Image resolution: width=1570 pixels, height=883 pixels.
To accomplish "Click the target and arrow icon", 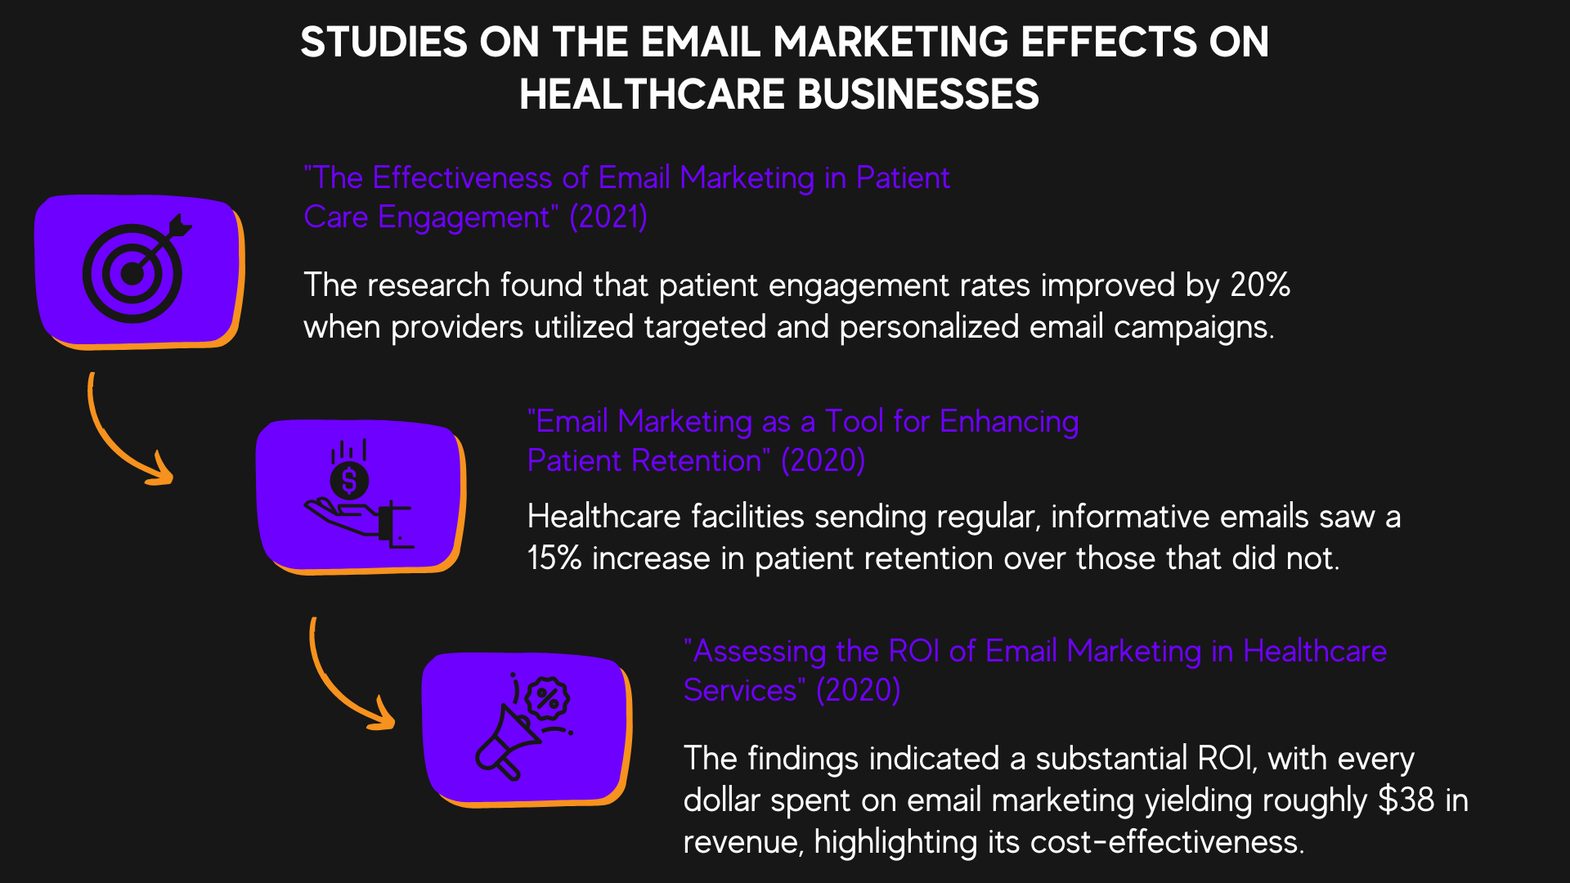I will (x=136, y=270).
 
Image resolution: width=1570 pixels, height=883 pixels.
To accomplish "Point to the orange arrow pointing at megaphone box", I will (x=347, y=679).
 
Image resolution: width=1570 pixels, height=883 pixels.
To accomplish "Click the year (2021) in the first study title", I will (x=608, y=217).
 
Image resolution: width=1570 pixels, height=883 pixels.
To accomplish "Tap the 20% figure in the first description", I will (x=1259, y=285).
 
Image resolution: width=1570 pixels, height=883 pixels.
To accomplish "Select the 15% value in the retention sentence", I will (x=554, y=558).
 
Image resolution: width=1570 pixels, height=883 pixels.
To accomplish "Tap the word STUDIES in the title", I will (x=384, y=42).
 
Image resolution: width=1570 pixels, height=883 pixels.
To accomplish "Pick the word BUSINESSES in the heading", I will (x=917, y=94).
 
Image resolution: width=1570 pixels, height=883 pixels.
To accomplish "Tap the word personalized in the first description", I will (x=929, y=327).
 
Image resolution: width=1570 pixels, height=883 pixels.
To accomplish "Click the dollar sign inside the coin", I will (x=349, y=481).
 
